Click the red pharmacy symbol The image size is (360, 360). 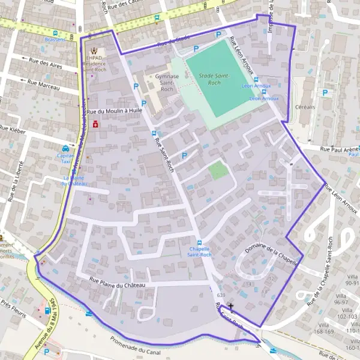pos(96,124)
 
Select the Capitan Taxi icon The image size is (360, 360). pos(65,148)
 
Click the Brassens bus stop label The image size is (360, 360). pos(55,40)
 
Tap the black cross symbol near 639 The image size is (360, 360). pos(230,306)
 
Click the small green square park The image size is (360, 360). pos(218,171)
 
